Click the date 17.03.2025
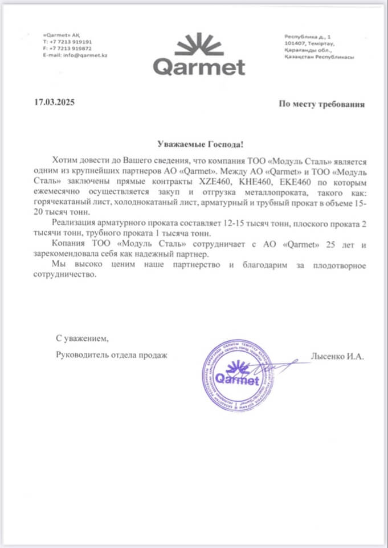click(x=54, y=103)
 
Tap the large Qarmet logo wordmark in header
click(x=199, y=67)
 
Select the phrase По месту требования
click(x=321, y=104)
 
